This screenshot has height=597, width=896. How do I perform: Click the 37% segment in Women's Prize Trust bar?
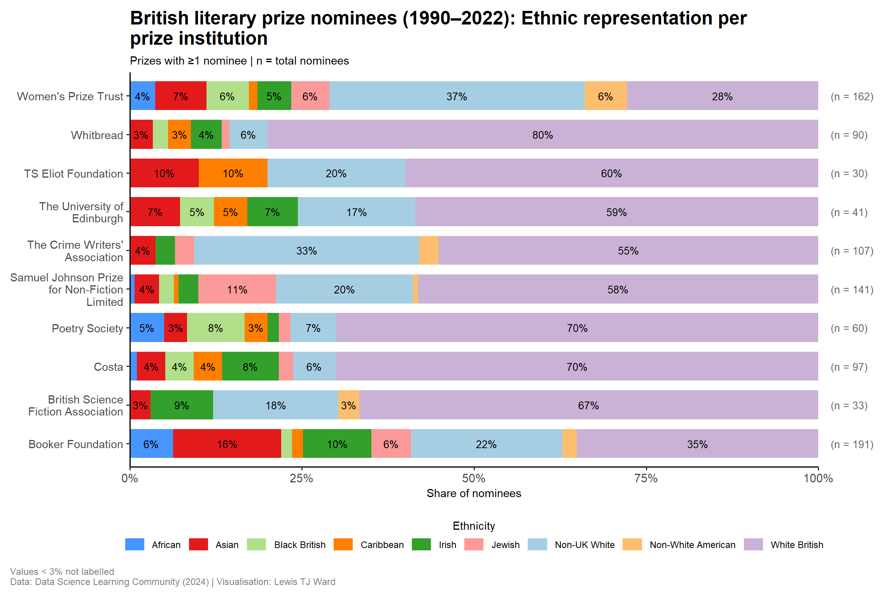tap(457, 96)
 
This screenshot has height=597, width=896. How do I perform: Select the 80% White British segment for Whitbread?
tap(542, 134)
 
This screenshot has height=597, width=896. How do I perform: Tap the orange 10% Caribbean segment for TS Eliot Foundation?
tap(233, 173)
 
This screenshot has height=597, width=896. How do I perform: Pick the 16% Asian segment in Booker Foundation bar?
tap(227, 444)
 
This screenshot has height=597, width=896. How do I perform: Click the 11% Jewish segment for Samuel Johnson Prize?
tap(237, 289)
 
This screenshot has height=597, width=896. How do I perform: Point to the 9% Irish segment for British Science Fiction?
tap(182, 405)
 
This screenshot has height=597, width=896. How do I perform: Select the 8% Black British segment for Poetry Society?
tap(215, 328)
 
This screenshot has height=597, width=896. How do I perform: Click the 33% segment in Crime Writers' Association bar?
tap(306, 250)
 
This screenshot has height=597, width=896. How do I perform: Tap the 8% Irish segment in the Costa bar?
tap(250, 367)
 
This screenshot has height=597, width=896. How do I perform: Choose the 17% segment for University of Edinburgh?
tap(356, 212)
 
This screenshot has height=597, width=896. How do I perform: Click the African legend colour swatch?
tap(135, 545)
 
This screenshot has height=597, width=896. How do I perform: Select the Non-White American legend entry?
tap(692, 545)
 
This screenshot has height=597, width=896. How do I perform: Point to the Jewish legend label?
tap(505, 545)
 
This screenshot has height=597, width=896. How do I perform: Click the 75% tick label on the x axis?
tap(646, 478)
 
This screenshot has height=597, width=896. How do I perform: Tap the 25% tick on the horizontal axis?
tap(302, 478)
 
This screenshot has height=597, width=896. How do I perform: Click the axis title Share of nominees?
tap(474, 493)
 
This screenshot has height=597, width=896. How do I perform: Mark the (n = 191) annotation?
tap(852, 444)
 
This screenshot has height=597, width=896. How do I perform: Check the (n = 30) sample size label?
tap(849, 173)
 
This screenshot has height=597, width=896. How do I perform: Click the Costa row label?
tap(108, 367)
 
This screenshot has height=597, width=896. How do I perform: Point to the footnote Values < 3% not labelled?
tap(62, 571)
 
